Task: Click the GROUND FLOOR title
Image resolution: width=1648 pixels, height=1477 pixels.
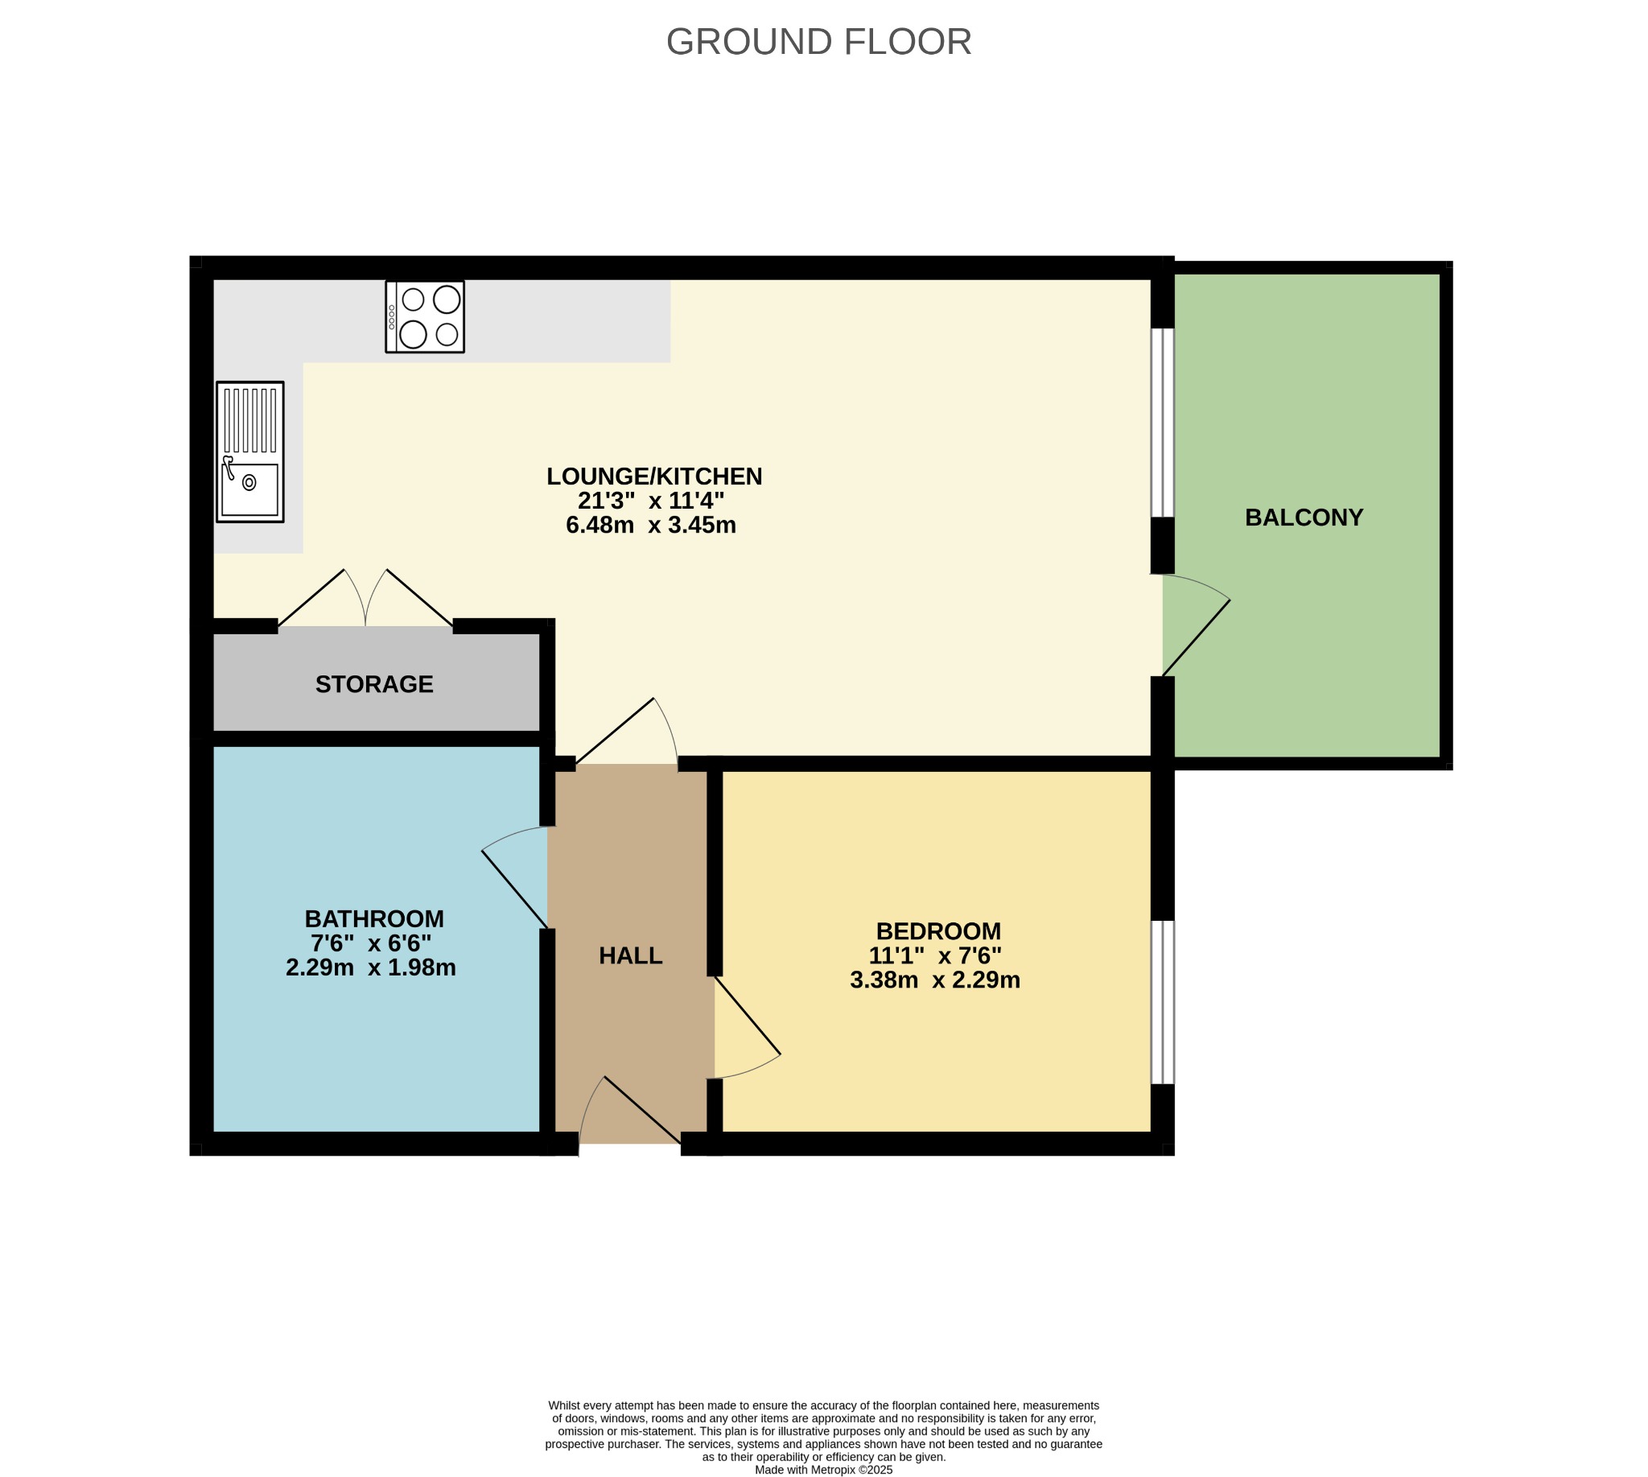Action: (x=818, y=42)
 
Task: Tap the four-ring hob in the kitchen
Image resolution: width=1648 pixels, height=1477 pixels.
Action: (x=424, y=316)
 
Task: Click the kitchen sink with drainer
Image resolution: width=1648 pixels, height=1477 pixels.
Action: (x=250, y=452)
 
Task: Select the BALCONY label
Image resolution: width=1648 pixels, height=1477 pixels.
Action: (x=1304, y=518)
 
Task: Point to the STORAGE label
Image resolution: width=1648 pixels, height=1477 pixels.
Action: (x=374, y=684)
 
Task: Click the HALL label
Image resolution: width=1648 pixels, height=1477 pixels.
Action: (x=631, y=956)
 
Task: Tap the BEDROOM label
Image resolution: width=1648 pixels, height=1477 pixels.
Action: (x=938, y=930)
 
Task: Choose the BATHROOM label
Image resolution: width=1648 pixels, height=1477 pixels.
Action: (x=374, y=918)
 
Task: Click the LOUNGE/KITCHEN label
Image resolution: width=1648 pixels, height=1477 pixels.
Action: (x=654, y=477)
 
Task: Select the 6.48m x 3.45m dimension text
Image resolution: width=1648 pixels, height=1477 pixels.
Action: (x=651, y=525)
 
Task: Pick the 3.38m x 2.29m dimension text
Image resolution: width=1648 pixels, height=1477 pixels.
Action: (x=935, y=980)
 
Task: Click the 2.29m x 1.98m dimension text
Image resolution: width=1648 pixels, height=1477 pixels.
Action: (x=371, y=967)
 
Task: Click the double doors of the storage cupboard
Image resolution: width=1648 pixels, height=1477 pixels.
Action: (x=366, y=598)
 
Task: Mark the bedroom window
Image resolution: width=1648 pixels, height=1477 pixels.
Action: (x=1163, y=1002)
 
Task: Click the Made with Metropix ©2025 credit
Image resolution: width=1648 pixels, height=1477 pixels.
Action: (x=823, y=1470)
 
